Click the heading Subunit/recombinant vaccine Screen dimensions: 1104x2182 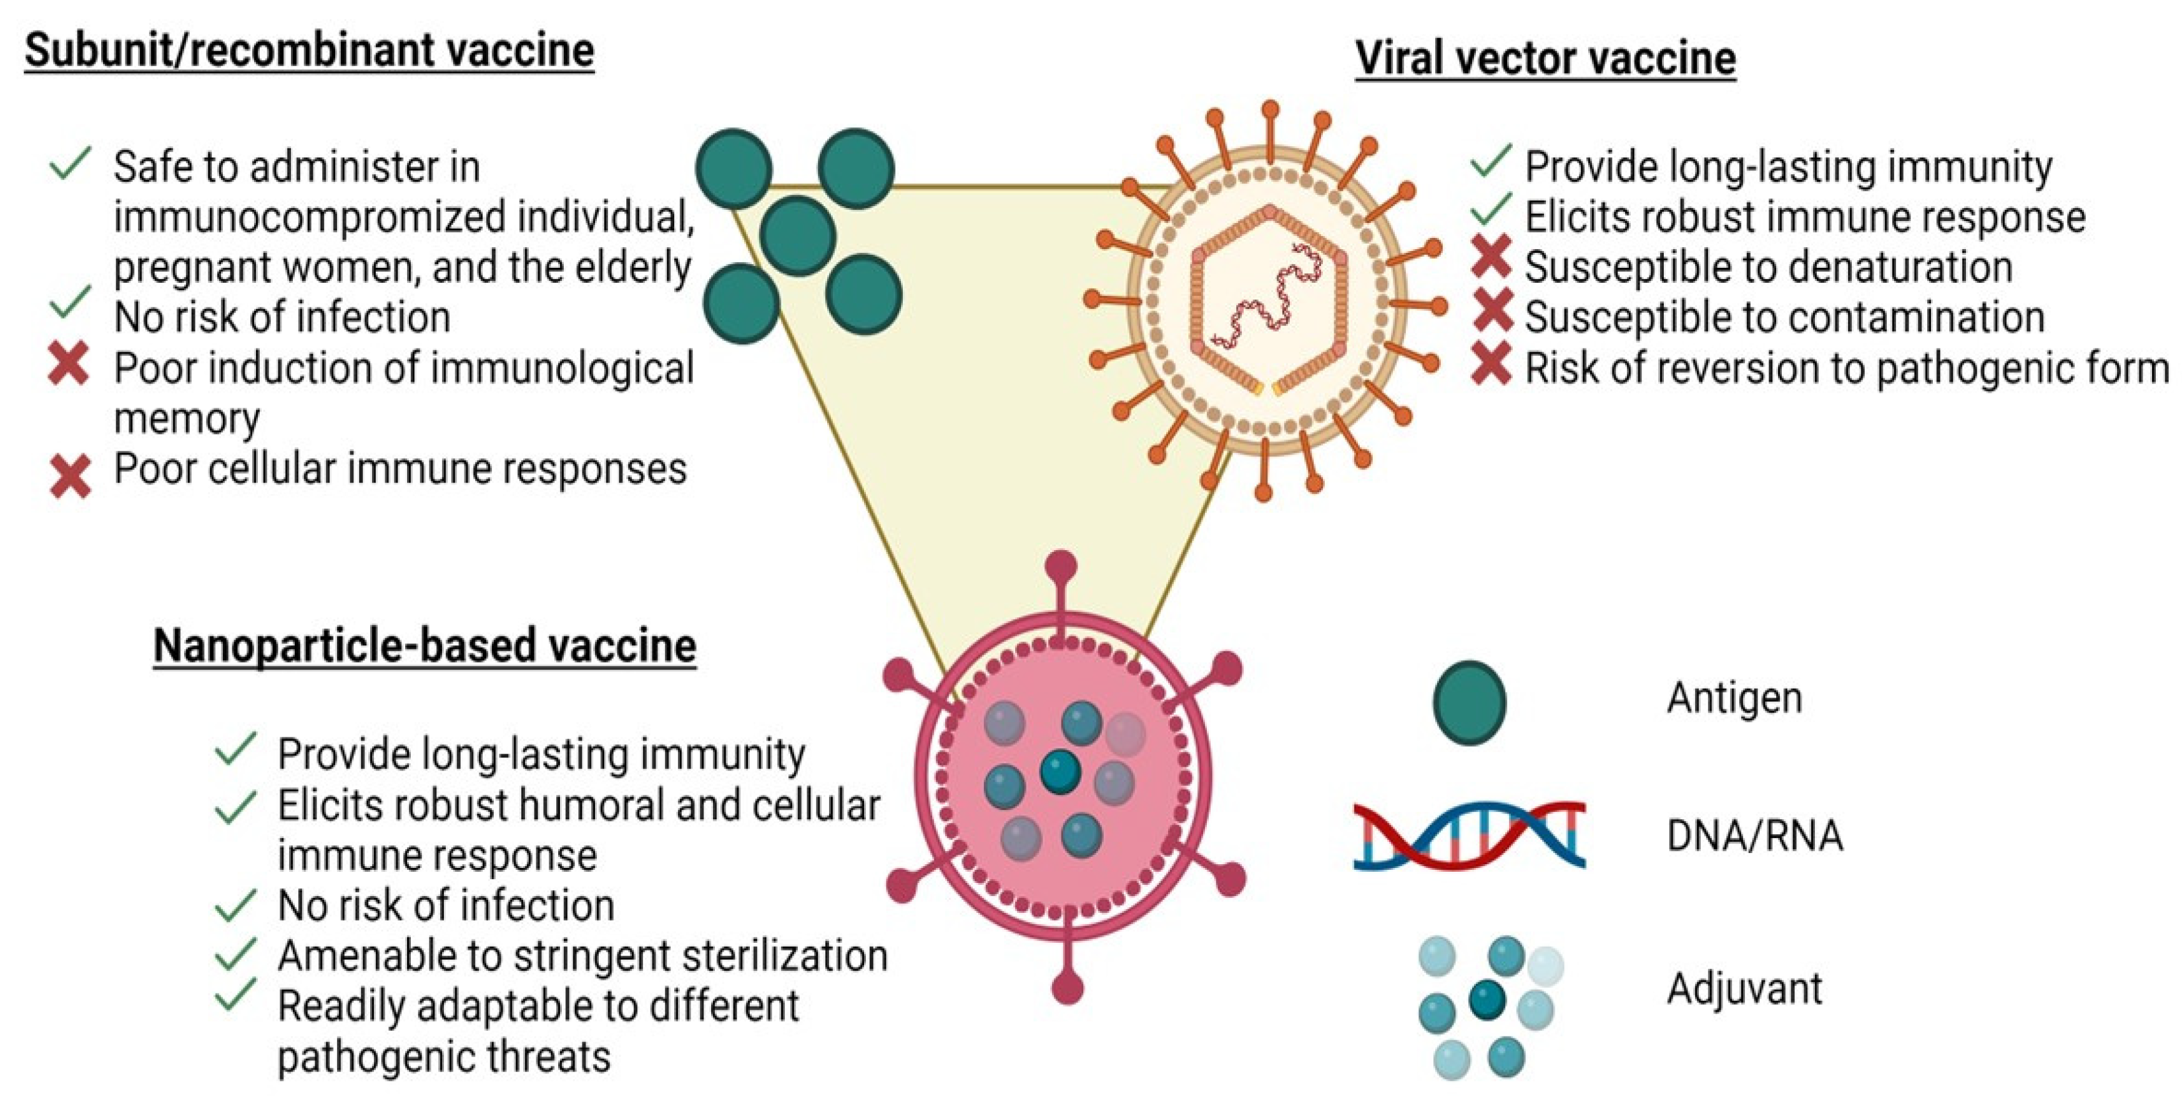[309, 50]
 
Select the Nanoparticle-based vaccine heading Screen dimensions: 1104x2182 [425, 646]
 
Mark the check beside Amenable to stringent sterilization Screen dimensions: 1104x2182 [235, 954]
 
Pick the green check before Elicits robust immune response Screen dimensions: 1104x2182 [1492, 209]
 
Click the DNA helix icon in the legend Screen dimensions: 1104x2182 [1469, 835]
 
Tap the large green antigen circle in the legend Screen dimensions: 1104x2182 [1470, 702]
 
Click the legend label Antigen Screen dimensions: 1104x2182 [1734, 698]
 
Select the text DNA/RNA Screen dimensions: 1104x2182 [1754, 835]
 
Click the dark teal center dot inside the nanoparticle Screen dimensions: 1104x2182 [1059, 772]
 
